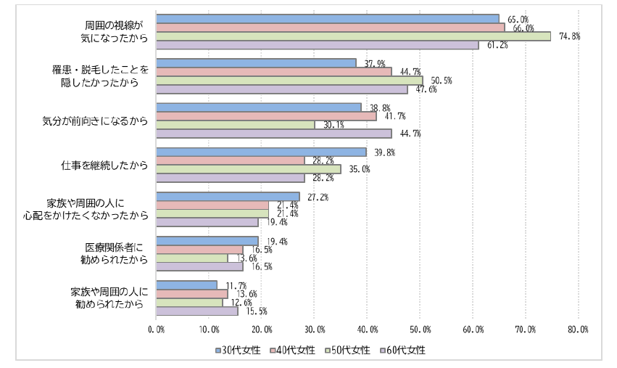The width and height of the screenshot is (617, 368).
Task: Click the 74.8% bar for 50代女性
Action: (353, 36)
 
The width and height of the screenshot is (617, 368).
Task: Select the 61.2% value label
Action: (497, 46)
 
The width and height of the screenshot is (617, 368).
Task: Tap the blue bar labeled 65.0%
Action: (328, 18)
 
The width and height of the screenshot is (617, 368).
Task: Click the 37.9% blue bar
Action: (256, 63)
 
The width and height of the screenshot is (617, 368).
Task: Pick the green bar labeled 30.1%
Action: (236, 125)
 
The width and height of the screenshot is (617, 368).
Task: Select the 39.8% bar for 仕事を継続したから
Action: (261, 152)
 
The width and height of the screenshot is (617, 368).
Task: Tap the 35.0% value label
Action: (360, 169)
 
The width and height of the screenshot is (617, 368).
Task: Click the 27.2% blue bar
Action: (228, 196)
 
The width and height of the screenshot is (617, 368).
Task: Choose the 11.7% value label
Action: (236, 285)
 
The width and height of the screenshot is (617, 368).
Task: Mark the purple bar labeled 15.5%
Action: (196, 311)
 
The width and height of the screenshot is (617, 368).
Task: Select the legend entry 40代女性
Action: (293, 350)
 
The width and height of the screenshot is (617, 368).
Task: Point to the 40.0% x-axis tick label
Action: (367, 330)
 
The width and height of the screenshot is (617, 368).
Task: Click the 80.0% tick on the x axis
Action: (578, 330)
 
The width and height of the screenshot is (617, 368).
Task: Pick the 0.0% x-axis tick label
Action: (156, 330)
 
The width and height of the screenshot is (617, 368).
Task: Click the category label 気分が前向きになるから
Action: (95, 120)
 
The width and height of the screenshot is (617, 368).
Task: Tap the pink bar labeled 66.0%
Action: (330, 28)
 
